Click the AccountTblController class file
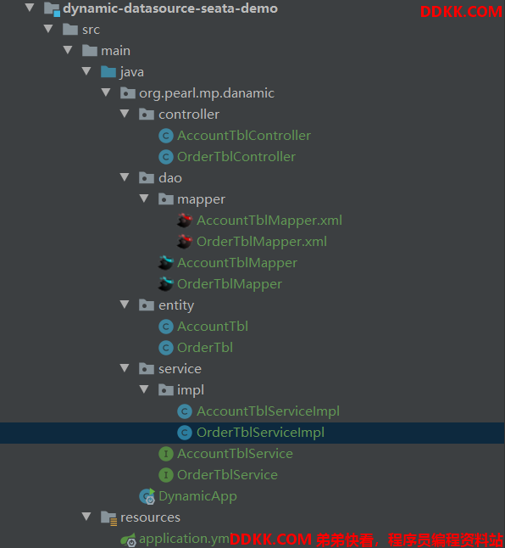[243, 136]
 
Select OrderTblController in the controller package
[236, 157]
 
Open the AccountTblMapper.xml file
[269, 221]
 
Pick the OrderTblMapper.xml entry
[262, 242]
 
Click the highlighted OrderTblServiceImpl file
[260, 433]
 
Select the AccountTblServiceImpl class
[268, 411]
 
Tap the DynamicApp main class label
[197, 496]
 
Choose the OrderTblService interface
[227, 475]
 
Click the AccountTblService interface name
[235, 454]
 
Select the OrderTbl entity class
[205, 348]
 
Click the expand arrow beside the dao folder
[125, 177]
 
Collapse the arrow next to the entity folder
[125, 305]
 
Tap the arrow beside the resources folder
[86, 517]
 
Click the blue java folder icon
[108, 72]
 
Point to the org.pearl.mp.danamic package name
[207, 93]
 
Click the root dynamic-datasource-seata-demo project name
[170, 8]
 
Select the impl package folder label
[191, 390]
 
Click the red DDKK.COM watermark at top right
[461, 12]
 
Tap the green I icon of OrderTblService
[166, 475]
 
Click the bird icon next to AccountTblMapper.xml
[185, 221]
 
